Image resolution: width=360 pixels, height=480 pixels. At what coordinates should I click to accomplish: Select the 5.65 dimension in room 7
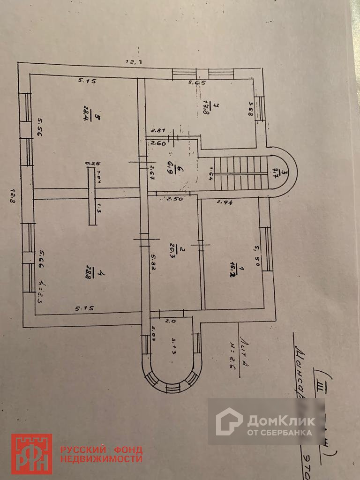[x=197, y=83]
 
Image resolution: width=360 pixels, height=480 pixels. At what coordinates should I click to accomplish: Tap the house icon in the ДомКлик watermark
[x=229, y=421]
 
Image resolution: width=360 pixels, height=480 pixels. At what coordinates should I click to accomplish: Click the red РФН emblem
[x=31, y=454]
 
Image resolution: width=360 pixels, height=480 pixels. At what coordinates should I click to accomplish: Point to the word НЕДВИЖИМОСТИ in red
[x=101, y=458]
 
